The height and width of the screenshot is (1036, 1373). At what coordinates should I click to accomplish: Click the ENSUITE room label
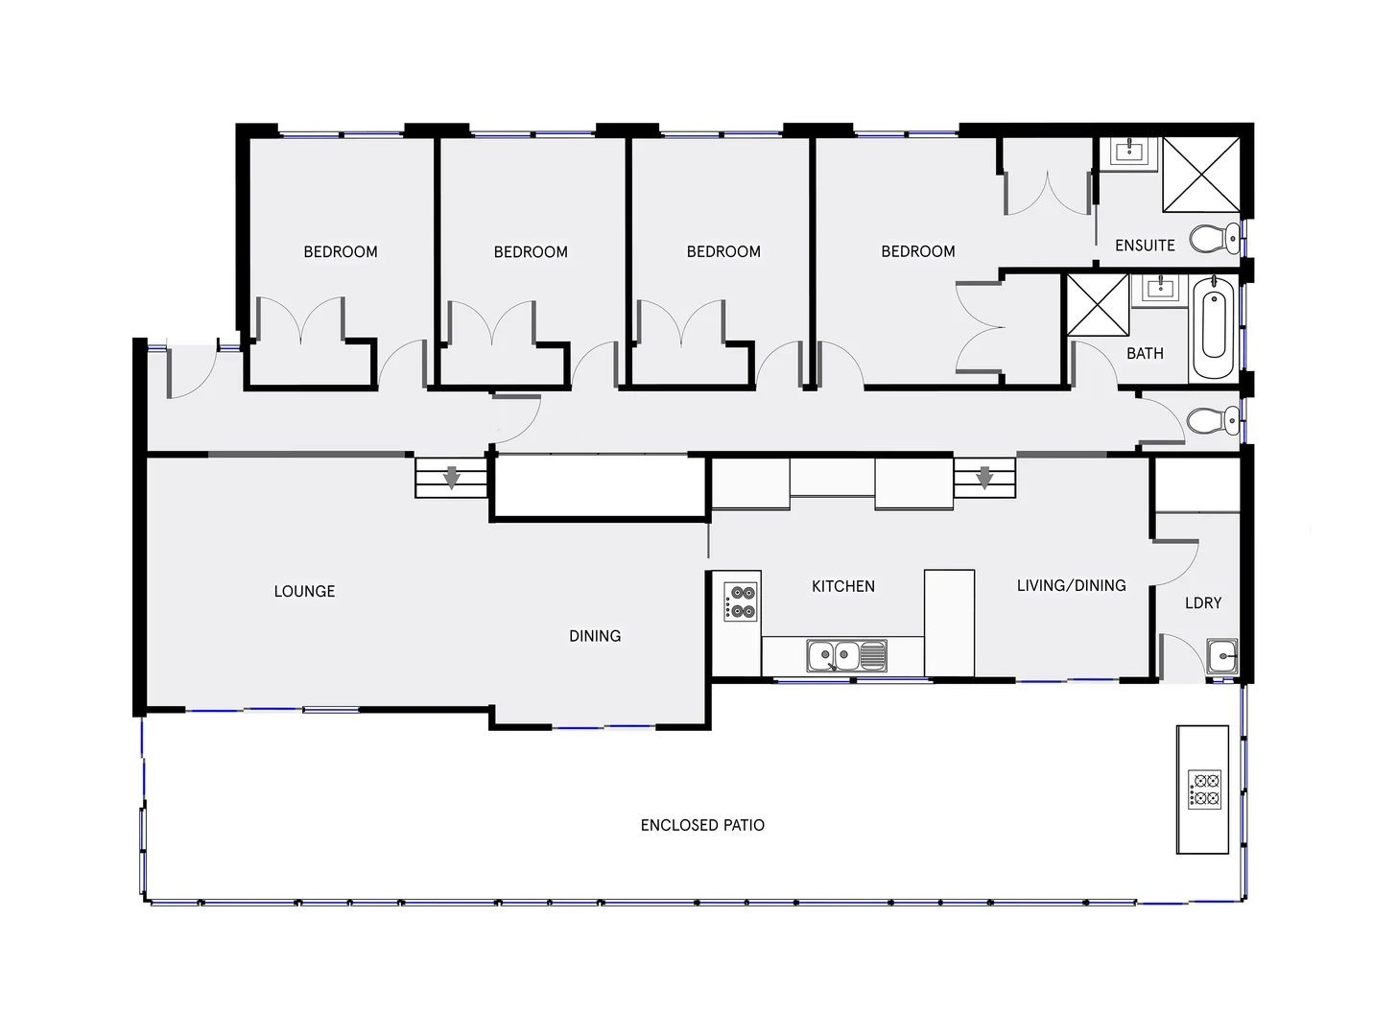click(1144, 246)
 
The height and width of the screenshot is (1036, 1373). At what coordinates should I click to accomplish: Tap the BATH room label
click(1144, 354)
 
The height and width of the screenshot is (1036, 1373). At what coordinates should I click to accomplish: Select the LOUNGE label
click(304, 591)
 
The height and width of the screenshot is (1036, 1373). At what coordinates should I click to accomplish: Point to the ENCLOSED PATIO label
click(702, 825)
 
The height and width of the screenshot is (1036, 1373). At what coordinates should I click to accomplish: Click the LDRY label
click(1202, 602)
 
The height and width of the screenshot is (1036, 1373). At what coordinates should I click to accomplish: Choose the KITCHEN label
click(842, 586)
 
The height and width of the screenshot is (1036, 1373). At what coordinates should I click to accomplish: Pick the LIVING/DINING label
click(1071, 585)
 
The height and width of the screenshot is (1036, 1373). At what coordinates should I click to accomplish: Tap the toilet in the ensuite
click(1216, 237)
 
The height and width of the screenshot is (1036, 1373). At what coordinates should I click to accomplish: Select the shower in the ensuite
click(1200, 174)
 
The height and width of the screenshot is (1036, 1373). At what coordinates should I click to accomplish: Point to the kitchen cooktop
click(742, 601)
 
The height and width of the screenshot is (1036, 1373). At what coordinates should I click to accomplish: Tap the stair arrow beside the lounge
click(451, 477)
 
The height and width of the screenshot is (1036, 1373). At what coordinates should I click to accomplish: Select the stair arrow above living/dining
click(983, 477)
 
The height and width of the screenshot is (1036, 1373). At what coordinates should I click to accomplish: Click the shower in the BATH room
click(1098, 305)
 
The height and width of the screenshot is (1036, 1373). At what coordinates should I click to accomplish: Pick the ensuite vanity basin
click(1130, 151)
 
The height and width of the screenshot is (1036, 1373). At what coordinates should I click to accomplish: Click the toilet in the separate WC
click(1214, 419)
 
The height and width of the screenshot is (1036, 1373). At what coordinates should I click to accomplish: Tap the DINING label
click(595, 636)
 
